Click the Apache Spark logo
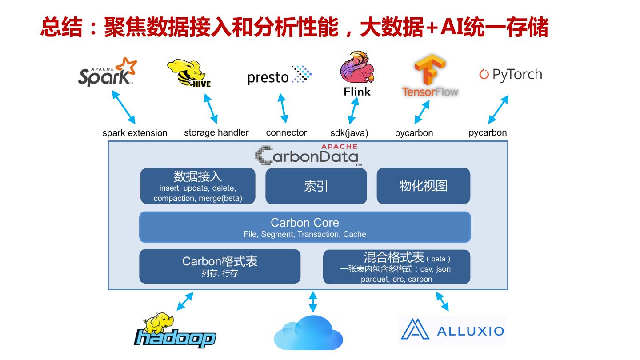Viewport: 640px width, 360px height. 107,72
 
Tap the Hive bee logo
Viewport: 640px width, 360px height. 188,74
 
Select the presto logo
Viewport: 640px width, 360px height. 279,75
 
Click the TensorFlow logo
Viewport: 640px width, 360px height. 430,76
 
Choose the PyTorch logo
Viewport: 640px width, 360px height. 511,74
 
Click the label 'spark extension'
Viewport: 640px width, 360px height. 135,133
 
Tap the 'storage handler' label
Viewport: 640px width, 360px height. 216,132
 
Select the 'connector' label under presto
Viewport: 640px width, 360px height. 287,132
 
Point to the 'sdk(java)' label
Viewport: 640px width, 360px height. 349,133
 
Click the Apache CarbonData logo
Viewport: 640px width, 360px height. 307,156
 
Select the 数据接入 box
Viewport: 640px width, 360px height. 198,186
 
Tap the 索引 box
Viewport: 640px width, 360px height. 316,186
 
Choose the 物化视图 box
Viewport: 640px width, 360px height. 423,186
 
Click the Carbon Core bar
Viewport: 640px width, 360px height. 305,227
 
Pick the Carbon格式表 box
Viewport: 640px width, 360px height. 220,266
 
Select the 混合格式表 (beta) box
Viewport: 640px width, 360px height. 396,267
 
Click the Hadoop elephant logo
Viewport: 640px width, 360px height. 175,332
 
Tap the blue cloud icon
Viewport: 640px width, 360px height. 308,333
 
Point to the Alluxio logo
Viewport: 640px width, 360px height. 452,330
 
